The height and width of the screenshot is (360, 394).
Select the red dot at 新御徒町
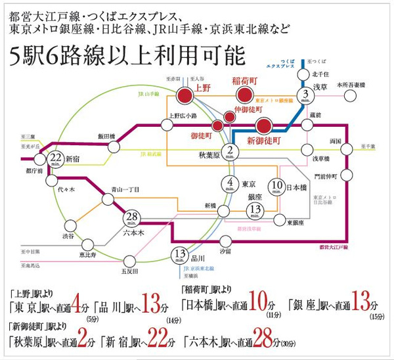tap(264, 126)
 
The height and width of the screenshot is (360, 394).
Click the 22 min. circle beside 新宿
tap(56, 158)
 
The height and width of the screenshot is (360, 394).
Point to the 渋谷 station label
tap(68, 236)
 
